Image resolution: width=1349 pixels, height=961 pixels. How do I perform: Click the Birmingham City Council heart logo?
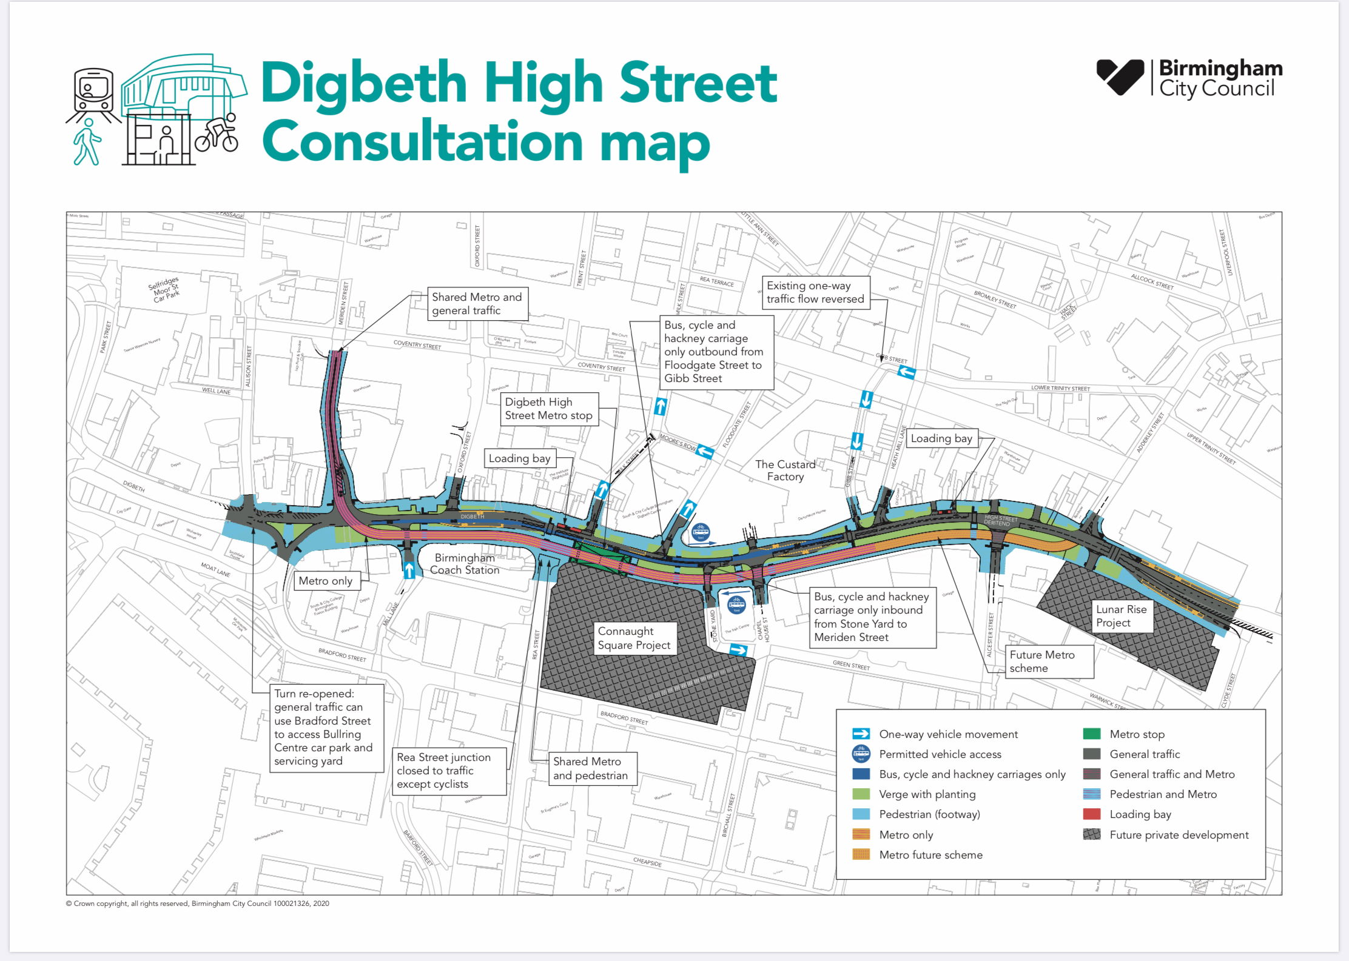[x=1120, y=77]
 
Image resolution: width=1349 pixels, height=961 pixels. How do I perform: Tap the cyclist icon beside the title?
[x=217, y=134]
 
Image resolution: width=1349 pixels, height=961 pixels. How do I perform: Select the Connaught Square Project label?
[x=634, y=638]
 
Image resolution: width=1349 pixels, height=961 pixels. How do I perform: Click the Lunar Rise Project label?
[x=1121, y=616]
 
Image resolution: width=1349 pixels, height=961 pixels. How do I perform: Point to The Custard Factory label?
[x=785, y=470]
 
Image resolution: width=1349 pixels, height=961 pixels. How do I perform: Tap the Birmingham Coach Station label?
[x=465, y=564]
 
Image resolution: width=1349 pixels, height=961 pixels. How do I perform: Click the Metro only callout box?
[x=326, y=581]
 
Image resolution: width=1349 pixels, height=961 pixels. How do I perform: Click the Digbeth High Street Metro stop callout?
[x=548, y=409]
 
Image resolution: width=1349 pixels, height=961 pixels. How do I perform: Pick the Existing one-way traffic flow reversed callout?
[x=815, y=292]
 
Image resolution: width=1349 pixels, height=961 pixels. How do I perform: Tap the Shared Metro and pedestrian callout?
[x=590, y=769]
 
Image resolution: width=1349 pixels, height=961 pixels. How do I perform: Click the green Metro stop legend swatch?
[x=1091, y=734]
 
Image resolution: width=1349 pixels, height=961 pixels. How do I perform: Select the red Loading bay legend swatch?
[x=1091, y=814]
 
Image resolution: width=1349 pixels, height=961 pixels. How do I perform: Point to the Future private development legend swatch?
[x=1091, y=835]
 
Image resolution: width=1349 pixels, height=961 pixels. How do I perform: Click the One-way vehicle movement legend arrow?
[x=861, y=734]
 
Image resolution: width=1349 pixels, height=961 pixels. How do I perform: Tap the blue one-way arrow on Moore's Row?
[x=705, y=451]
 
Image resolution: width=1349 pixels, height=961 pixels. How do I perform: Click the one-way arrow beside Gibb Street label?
[x=906, y=372]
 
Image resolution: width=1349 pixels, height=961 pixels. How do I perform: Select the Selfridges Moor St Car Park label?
[x=164, y=290]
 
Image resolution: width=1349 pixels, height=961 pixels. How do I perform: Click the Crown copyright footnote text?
[x=197, y=903]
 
